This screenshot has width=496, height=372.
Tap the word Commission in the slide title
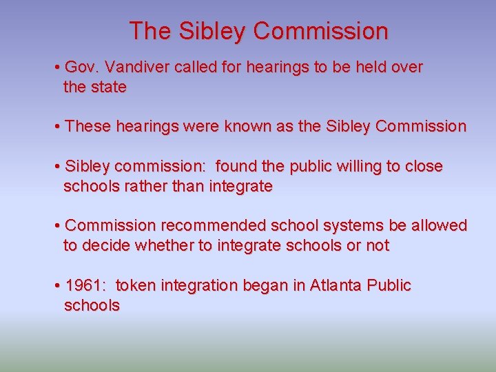[x=320, y=31]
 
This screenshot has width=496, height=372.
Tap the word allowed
[x=440, y=226]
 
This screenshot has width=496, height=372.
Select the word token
[x=137, y=286]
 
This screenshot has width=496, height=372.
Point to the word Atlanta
[x=338, y=286]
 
